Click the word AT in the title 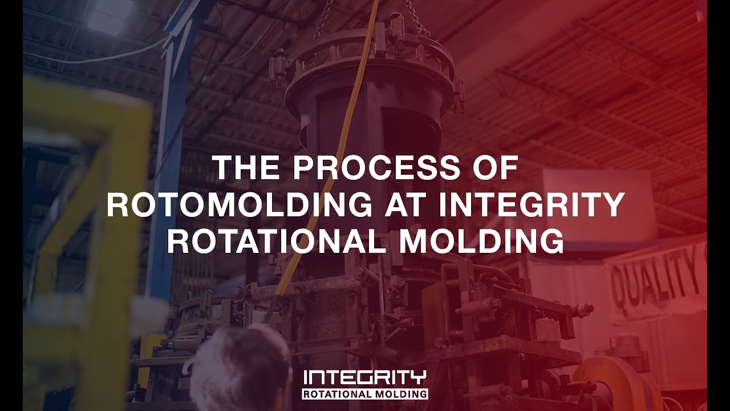(x=407, y=205)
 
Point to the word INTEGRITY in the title (x=532, y=205)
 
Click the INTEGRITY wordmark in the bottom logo (x=365, y=377)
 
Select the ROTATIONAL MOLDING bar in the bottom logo (x=365, y=394)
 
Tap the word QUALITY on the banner (x=655, y=279)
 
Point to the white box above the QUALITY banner (x=593, y=200)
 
